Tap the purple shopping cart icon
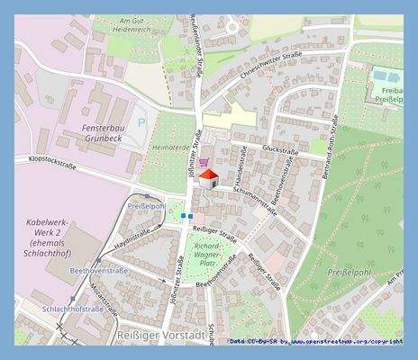tap(206, 163)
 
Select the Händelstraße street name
tap(241, 163)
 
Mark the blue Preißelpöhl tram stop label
tap(146, 206)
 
